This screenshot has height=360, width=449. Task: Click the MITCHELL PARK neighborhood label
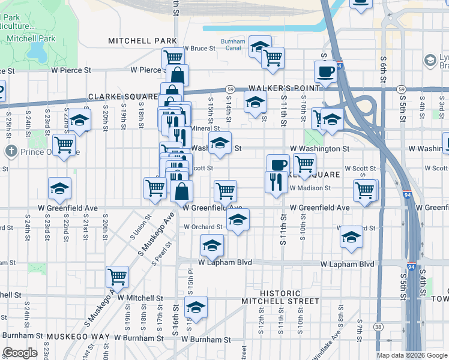tap(134, 41)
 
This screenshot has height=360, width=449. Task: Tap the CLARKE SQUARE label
tap(122, 97)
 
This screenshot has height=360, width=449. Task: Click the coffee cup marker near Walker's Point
tap(326, 71)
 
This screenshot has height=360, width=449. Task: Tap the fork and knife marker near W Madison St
tap(276, 181)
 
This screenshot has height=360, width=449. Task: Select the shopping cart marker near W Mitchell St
tap(117, 277)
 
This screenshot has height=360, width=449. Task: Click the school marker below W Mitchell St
tap(196, 307)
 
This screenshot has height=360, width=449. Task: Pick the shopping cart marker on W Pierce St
tap(173, 58)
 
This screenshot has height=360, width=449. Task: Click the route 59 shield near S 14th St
tap(230, 89)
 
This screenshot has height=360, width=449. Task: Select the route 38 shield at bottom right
tap(378, 327)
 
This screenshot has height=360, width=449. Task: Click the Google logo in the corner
tap(20, 353)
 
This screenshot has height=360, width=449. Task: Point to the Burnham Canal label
tap(233, 45)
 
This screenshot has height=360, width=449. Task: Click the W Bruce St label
tap(199, 48)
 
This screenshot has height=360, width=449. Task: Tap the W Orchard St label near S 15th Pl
tap(203, 227)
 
